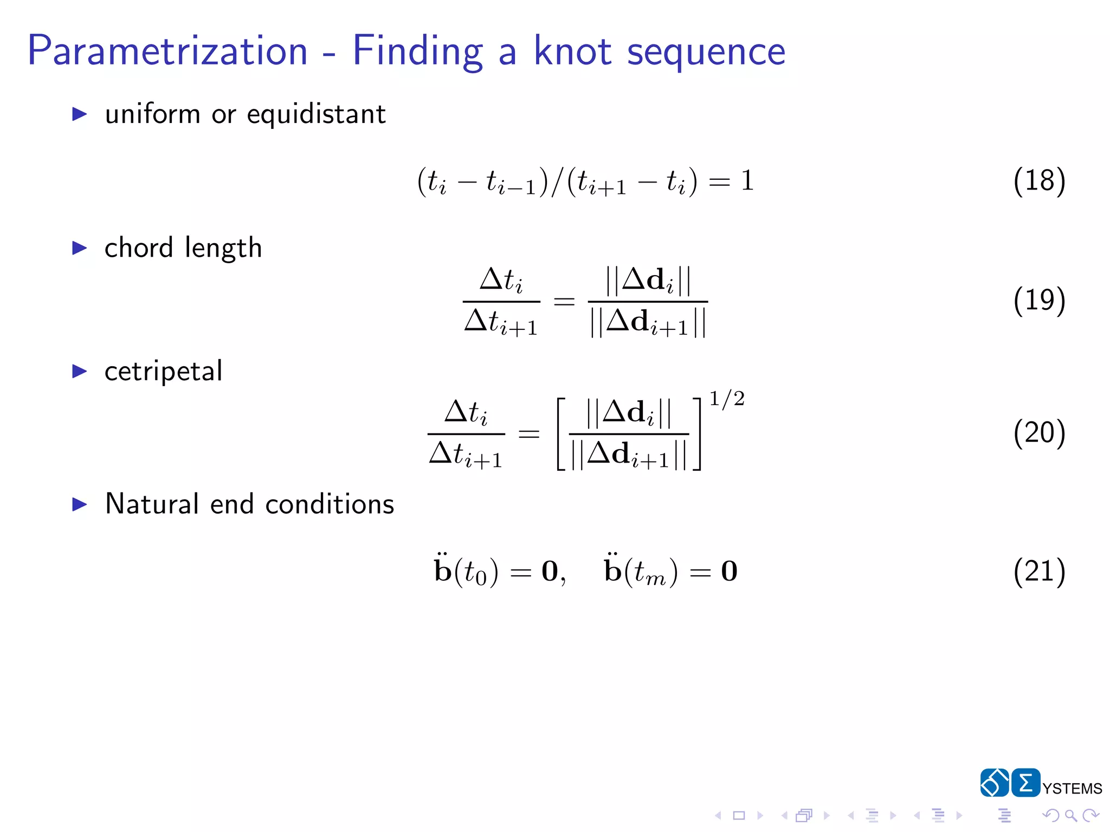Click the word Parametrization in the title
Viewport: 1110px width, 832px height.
[167, 51]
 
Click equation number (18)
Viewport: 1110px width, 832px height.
[1039, 180]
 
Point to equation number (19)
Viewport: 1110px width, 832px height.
[1039, 300]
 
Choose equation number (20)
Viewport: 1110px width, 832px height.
[1039, 433]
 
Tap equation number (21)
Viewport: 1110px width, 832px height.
[1039, 571]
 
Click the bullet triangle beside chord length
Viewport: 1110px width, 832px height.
[80, 249]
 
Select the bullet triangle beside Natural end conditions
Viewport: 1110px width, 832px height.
[80, 505]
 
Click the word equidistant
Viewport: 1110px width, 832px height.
[316, 115]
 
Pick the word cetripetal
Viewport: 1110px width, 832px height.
[163, 372]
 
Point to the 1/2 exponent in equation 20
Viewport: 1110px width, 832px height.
[727, 399]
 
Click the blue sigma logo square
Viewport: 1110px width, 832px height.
[1025, 783]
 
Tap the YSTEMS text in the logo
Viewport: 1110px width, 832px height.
[1072, 789]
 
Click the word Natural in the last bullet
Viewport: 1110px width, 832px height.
[152, 504]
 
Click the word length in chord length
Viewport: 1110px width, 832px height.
[223, 249]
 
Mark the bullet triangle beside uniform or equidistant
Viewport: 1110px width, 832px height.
[80, 114]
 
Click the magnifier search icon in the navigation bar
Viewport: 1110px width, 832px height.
[1070, 815]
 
